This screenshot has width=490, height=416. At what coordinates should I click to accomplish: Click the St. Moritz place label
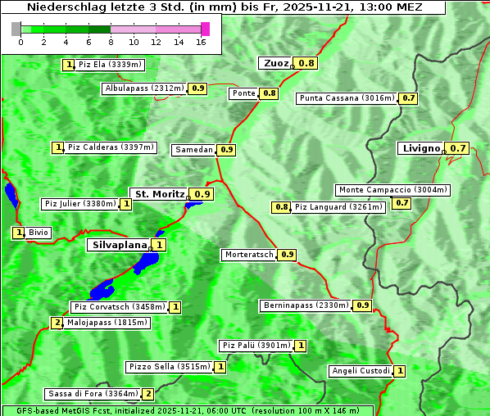tap(160, 194)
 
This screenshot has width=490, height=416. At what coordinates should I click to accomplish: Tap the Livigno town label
tap(420, 148)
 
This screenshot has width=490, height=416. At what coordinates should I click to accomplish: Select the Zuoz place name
tap(274, 63)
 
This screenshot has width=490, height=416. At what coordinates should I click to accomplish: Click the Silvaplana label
tap(119, 244)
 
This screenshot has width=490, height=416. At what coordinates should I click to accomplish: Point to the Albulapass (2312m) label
tap(144, 88)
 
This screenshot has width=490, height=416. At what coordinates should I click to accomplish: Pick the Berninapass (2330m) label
tap(306, 305)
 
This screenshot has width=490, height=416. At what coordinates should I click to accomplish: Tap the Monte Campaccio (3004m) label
tap(392, 190)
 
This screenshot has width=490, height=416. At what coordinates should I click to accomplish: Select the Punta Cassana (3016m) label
tap(347, 98)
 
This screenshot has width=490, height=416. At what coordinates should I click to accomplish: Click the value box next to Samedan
tap(227, 150)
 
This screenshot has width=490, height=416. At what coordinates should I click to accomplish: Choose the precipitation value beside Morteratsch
tap(287, 255)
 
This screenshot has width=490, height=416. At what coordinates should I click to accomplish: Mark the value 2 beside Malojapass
tap(57, 323)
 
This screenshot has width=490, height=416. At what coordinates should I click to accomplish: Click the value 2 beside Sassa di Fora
tap(147, 394)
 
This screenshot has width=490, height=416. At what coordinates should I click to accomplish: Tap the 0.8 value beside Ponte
tap(270, 93)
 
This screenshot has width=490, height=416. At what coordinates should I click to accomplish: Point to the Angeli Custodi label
tap(361, 371)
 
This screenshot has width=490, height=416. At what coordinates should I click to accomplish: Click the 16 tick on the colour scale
tap(201, 42)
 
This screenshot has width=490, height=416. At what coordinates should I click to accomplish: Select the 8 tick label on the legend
tap(111, 42)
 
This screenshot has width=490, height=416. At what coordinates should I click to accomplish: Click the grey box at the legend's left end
tap(16, 29)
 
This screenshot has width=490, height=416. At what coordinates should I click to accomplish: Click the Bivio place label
tap(39, 233)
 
